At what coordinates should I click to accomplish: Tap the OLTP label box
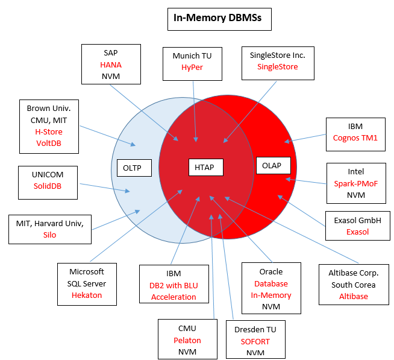point(132,168)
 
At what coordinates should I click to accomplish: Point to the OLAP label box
point(272,165)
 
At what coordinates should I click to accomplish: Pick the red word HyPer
point(193,68)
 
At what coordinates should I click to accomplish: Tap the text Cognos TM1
point(355,137)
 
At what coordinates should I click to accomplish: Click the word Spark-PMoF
point(355,183)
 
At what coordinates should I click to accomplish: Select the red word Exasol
point(358,232)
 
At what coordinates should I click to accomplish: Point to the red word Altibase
point(353,296)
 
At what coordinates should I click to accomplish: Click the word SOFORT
point(255,341)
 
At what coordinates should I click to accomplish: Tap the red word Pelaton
point(187,340)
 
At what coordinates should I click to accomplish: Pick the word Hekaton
point(87,295)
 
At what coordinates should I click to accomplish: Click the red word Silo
point(49,235)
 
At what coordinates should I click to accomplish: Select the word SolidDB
point(48,186)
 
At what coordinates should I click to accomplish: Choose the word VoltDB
point(49,144)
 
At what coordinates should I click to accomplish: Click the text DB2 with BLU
point(174,285)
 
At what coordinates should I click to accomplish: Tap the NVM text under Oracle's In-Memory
point(271,307)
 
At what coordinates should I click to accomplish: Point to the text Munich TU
point(193,56)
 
